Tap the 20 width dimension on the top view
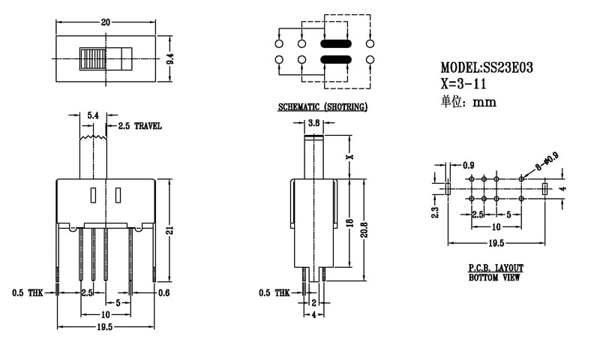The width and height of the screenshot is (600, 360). coord(106,23)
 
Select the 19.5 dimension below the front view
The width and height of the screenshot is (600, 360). coord(106,328)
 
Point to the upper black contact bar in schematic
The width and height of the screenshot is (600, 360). coord(334,44)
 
